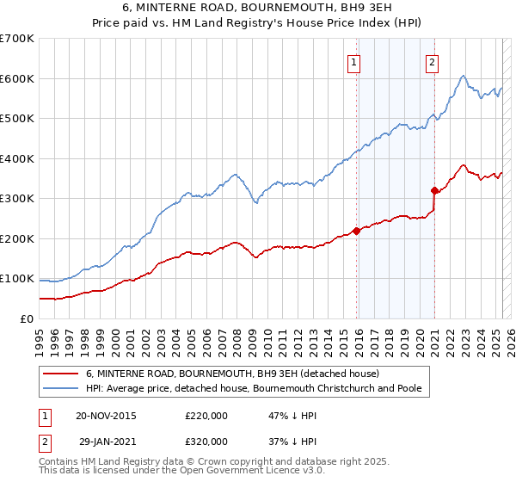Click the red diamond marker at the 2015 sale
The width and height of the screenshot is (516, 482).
(x=356, y=231)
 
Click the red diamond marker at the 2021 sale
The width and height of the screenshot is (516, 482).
(x=435, y=191)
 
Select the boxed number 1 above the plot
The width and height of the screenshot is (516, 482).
(x=354, y=61)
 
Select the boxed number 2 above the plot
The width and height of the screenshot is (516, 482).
(x=432, y=61)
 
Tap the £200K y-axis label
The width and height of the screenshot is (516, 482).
(x=17, y=238)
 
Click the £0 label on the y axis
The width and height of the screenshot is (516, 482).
(x=27, y=318)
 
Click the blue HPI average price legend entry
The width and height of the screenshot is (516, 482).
(x=253, y=388)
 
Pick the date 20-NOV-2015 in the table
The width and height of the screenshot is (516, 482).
(x=106, y=416)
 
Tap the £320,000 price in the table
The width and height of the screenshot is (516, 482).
(x=206, y=441)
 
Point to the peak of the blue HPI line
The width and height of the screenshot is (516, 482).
(x=463, y=76)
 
